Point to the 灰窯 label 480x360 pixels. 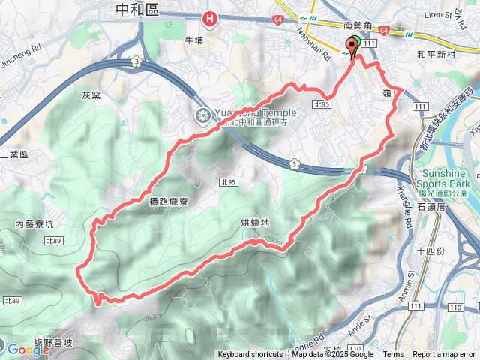coord(91,95)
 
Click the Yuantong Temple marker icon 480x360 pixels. coord(202,115)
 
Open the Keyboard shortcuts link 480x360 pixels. coord(250,355)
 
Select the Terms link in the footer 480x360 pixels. coord(393,355)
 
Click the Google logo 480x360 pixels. coord(28,349)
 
